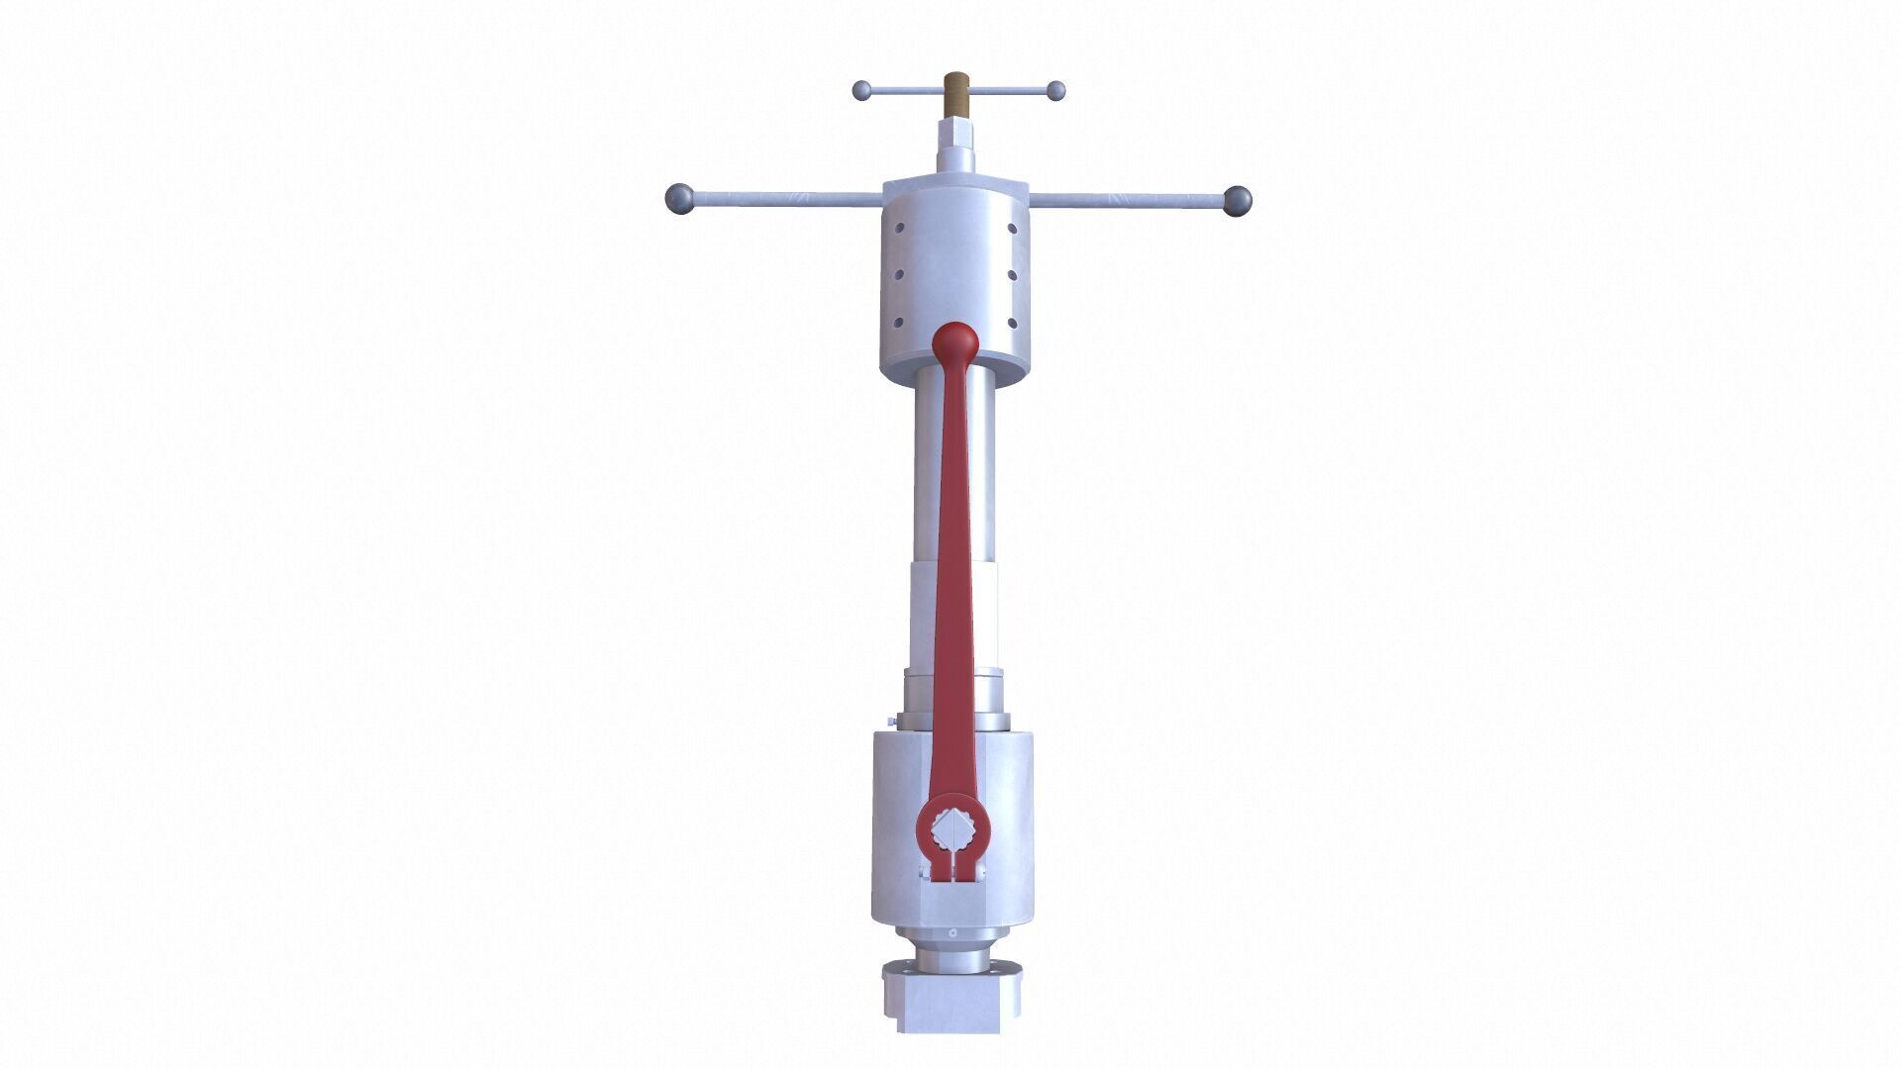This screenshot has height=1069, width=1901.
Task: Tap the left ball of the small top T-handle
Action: point(862,91)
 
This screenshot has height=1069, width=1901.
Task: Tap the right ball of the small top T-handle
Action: point(1055,91)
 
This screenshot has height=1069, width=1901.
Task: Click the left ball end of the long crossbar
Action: point(679,198)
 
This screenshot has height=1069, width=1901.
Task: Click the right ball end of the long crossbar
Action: point(1238,201)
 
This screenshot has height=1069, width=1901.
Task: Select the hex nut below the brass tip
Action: point(956,133)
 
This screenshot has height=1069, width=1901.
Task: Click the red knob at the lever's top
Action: point(955,342)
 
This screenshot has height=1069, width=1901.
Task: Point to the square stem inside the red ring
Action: point(953,828)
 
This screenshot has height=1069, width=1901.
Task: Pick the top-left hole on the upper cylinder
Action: point(899,229)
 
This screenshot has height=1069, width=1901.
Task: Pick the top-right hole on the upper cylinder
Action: point(1012,229)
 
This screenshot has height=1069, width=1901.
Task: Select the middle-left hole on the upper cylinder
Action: point(899,275)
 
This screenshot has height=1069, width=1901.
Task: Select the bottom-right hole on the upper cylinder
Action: point(1012,322)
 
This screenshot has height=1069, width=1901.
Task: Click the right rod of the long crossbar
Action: point(1129,201)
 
